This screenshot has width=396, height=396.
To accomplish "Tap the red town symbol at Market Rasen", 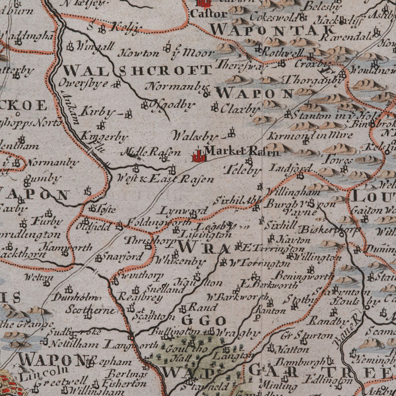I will pos(197,156).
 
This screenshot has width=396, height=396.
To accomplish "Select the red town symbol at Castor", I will pos(204,3).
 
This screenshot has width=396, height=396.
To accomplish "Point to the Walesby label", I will pos(195,135).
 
